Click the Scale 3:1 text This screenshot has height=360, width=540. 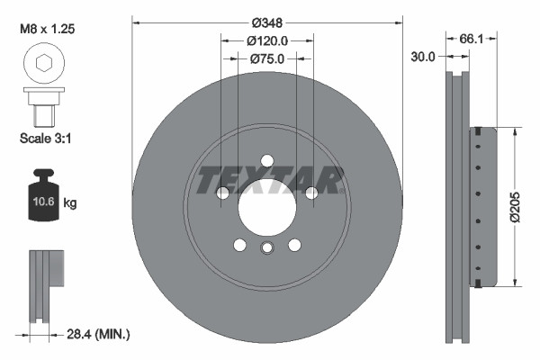pos(45,139)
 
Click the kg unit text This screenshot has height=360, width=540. pos(70,204)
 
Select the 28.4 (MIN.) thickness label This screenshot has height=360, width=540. pos(100,335)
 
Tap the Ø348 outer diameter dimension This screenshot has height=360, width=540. pos(266,22)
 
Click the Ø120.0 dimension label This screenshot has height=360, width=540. pos(266,40)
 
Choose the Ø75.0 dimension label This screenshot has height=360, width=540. pos(266,59)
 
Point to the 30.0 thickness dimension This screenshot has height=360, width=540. pos(422,56)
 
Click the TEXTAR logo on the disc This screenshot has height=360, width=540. pos(271,179)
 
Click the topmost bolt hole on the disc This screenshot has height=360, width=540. pos(266,162)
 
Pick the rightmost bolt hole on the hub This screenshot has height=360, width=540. pos(310,193)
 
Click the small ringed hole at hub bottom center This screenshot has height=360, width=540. pos(266,249)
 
